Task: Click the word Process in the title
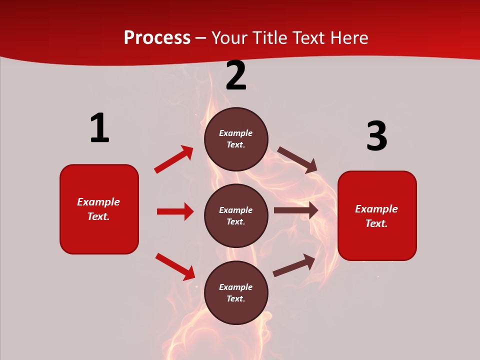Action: point(157,38)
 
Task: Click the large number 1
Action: point(99,128)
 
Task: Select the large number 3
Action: point(376,136)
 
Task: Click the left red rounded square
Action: point(99,209)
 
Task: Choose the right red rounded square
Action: point(377,215)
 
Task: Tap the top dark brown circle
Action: point(236,139)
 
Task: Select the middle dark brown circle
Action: point(236,215)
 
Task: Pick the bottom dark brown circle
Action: point(236,292)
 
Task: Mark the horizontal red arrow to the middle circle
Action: point(175,211)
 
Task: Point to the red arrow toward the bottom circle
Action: point(175,266)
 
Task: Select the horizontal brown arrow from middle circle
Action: point(296,210)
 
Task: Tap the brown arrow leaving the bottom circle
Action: point(294,265)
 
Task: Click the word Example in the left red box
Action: point(98,202)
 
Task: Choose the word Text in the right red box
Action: point(376,223)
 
